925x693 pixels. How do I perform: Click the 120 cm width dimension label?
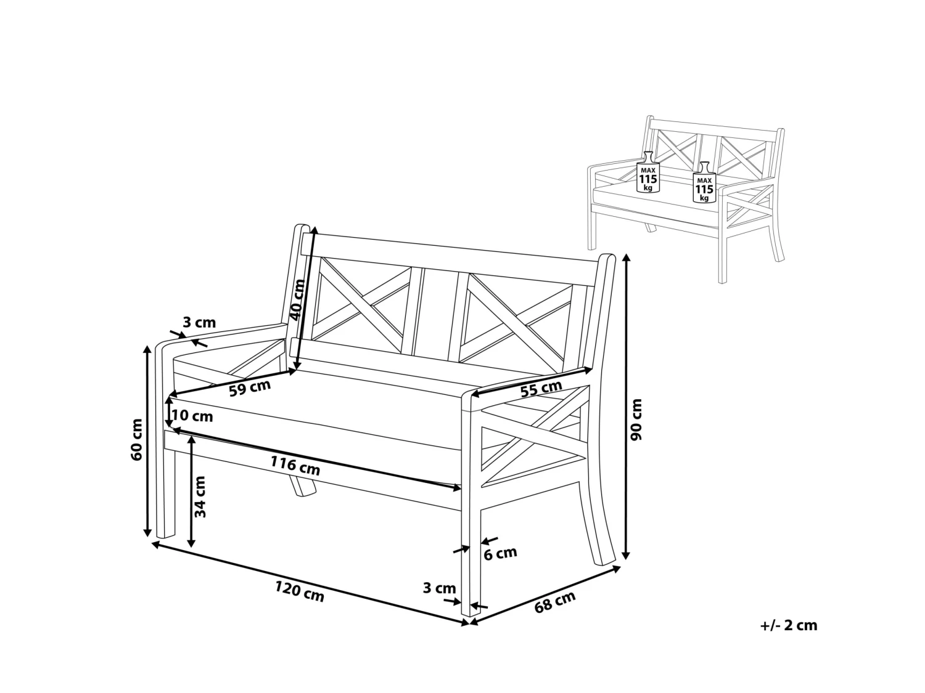click(299, 592)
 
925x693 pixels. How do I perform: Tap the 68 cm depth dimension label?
click(554, 601)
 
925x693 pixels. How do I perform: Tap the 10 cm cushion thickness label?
click(192, 416)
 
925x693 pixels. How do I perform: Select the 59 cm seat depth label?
click(249, 389)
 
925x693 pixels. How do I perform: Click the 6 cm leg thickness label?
click(500, 553)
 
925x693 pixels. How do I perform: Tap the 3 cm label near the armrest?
click(199, 322)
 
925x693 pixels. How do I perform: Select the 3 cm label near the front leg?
click(439, 588)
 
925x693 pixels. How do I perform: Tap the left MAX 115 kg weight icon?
click(647, 171)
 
